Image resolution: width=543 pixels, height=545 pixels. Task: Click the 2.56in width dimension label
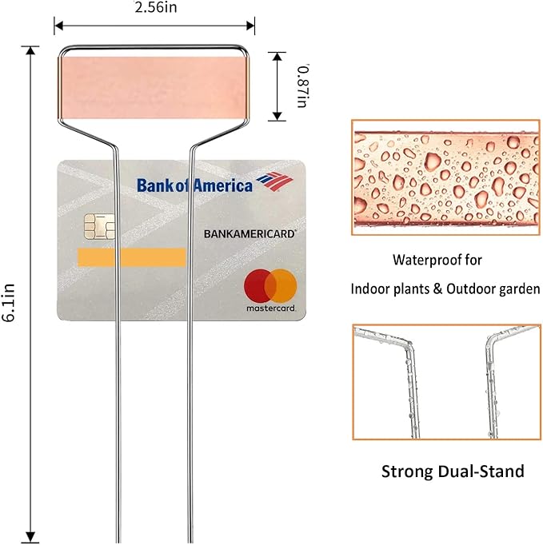click(x=155, y=8)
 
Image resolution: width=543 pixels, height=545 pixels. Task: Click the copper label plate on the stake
click(x=155, y=87)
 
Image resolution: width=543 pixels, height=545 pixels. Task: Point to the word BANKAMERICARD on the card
click(x=250, y=234)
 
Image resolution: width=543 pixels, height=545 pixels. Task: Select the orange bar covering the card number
click(x=131, y=257)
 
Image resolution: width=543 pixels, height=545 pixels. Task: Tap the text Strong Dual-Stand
click(x=453, y=471)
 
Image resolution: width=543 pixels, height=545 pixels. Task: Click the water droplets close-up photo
click(x=445, y=177)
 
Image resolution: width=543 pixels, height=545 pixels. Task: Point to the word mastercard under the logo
click(x=271, y=308)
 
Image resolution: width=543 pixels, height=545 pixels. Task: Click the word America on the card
click(x=222, y=185)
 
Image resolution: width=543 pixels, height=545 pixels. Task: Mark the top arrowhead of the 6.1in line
click(x=32, y=50)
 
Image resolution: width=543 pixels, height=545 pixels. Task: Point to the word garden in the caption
click(x=521, y=288)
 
